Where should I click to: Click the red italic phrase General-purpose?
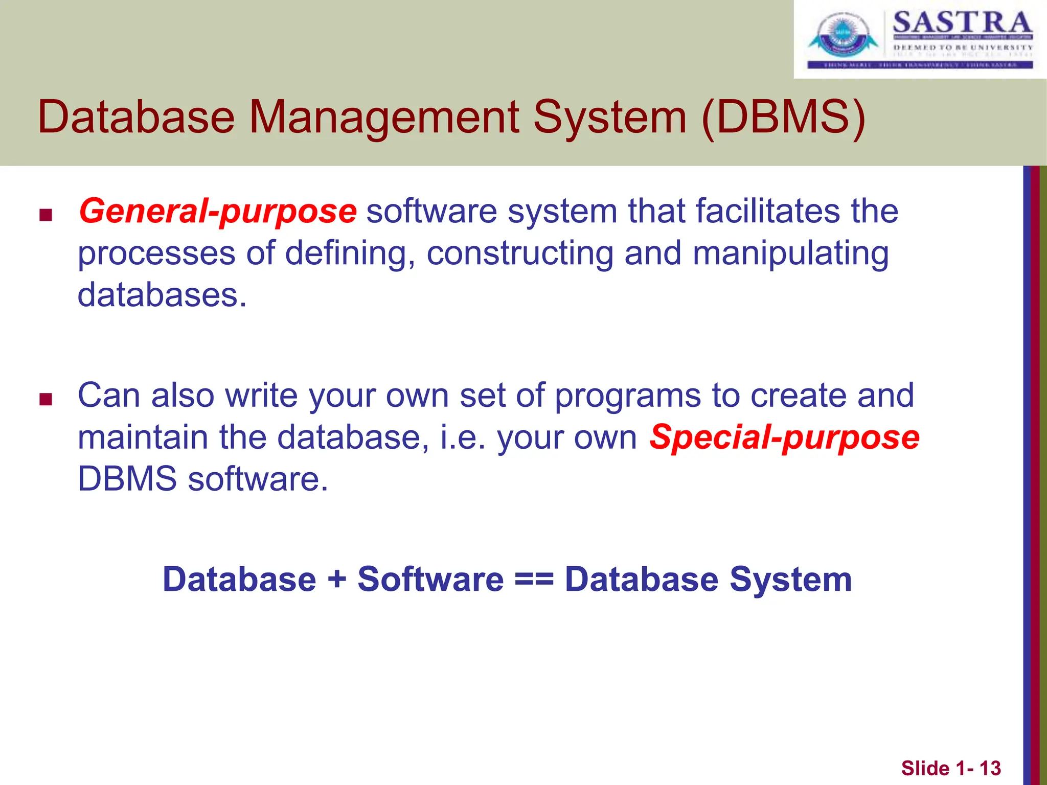click(217, 212)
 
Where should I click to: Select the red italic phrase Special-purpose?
click(784, 438)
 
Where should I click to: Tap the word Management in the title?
click(383, 117)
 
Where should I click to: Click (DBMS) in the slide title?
click(783, 117)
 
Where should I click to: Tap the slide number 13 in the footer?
click(990, 768)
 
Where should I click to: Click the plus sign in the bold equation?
click(337, 580)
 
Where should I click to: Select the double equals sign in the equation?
click(534, 580)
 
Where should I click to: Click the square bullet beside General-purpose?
click(46, 215)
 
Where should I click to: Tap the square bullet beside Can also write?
click(46, 399)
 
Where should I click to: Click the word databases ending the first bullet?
click(162, 295)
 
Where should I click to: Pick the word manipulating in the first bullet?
click(790, 254)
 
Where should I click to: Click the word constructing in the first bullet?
click(519, 254)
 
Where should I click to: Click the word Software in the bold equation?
click(430, 580)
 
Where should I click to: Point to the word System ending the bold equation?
click(790, 580)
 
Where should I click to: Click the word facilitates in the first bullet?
click(734, 212)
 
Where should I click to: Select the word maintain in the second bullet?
click(143, 438)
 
